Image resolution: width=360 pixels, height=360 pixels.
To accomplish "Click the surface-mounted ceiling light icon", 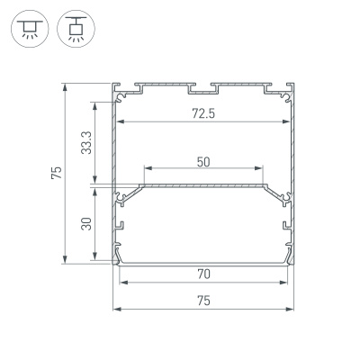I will point(28,30).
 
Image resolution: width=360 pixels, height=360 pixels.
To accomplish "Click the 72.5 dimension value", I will point(204,113).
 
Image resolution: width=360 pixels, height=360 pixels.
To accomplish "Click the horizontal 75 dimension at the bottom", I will point(204,301).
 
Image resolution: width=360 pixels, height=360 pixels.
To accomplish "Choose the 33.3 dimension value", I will point(86,142).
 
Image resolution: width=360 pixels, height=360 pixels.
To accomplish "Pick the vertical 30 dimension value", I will point(86,225).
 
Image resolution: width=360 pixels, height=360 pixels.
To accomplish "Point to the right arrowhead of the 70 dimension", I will point(287,283).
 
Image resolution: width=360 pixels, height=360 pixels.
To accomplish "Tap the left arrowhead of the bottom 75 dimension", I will point(116,309).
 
